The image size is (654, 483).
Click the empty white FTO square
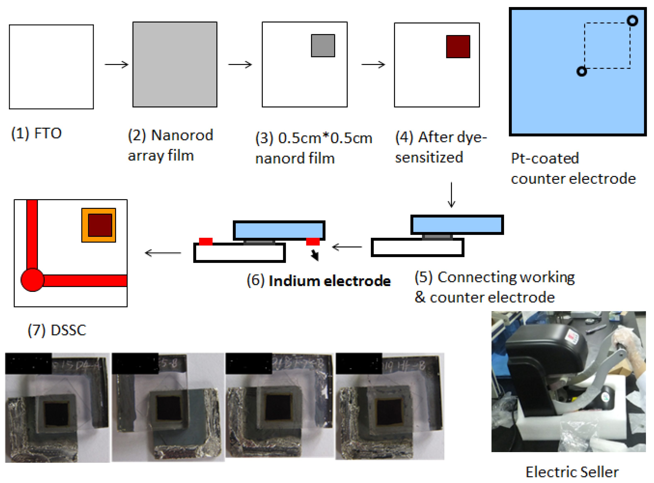pos(51,67)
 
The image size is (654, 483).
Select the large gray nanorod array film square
pos(175,64)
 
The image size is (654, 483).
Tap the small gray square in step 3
pos(323,46)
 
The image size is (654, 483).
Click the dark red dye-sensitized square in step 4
pos(458,46)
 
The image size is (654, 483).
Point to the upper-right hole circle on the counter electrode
pos(632,21)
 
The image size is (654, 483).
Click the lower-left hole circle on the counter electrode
pos(582,71)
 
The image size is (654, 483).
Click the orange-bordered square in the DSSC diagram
pos(99,225)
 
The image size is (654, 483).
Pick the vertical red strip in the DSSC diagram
pos(32,234)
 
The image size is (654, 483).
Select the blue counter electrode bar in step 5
pos(457,225)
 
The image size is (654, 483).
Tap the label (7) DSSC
pos(57,330)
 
